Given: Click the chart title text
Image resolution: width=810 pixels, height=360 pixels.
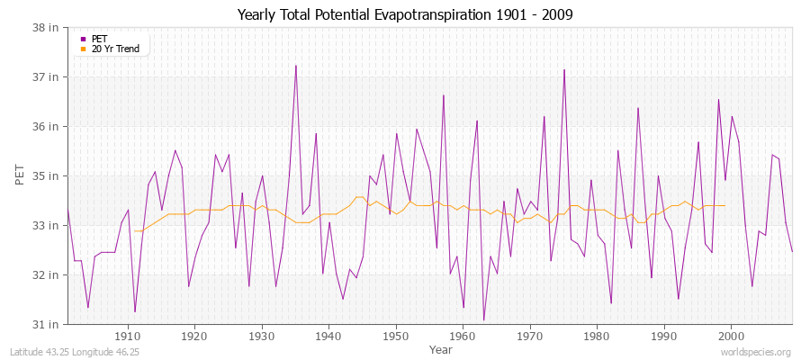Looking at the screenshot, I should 404,14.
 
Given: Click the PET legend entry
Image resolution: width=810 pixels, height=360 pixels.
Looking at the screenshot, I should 99,39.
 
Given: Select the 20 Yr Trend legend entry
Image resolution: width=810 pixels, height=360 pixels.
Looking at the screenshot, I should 115,49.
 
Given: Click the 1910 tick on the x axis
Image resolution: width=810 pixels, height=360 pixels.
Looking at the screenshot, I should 128,336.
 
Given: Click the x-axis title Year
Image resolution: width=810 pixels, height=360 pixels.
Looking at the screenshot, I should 441,348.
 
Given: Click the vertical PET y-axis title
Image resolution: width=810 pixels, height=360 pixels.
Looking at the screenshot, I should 20,175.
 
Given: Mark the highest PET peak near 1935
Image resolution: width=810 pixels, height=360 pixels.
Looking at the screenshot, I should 295,66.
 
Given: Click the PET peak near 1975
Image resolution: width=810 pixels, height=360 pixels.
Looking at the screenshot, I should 564,70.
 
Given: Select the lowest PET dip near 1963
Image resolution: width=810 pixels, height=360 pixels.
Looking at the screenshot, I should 483,320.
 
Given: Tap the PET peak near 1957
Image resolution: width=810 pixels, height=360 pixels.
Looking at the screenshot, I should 444,95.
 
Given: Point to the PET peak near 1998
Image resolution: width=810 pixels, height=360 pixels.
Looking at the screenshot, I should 718,100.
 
